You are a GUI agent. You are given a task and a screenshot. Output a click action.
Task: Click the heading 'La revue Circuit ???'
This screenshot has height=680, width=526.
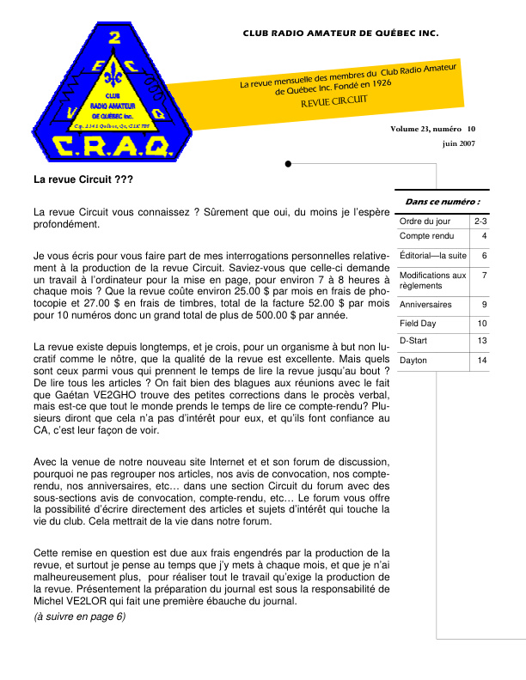[x=83, y=181]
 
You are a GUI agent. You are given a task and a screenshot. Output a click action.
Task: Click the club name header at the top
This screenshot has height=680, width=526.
[x=340, y=33]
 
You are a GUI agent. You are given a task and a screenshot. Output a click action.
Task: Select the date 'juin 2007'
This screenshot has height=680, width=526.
[x=459, y=143]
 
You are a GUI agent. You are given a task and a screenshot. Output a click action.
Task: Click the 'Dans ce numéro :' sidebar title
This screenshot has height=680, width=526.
[x=442, y=202]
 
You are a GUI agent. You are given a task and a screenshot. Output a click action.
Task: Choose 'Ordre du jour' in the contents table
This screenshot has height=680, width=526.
[x=425, y=222]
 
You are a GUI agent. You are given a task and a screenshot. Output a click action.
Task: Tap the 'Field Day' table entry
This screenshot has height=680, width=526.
[x=419, y=324]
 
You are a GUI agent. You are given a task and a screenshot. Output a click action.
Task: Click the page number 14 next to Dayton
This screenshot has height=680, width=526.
[x=482, y=361]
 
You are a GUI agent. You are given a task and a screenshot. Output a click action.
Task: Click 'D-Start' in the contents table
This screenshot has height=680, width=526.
[x=415, y=341]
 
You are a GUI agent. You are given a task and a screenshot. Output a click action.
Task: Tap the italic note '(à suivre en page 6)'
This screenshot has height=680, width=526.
[x=79, y=616]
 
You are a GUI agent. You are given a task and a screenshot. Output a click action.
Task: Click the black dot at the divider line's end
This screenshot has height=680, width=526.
[x=287, y=163]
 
